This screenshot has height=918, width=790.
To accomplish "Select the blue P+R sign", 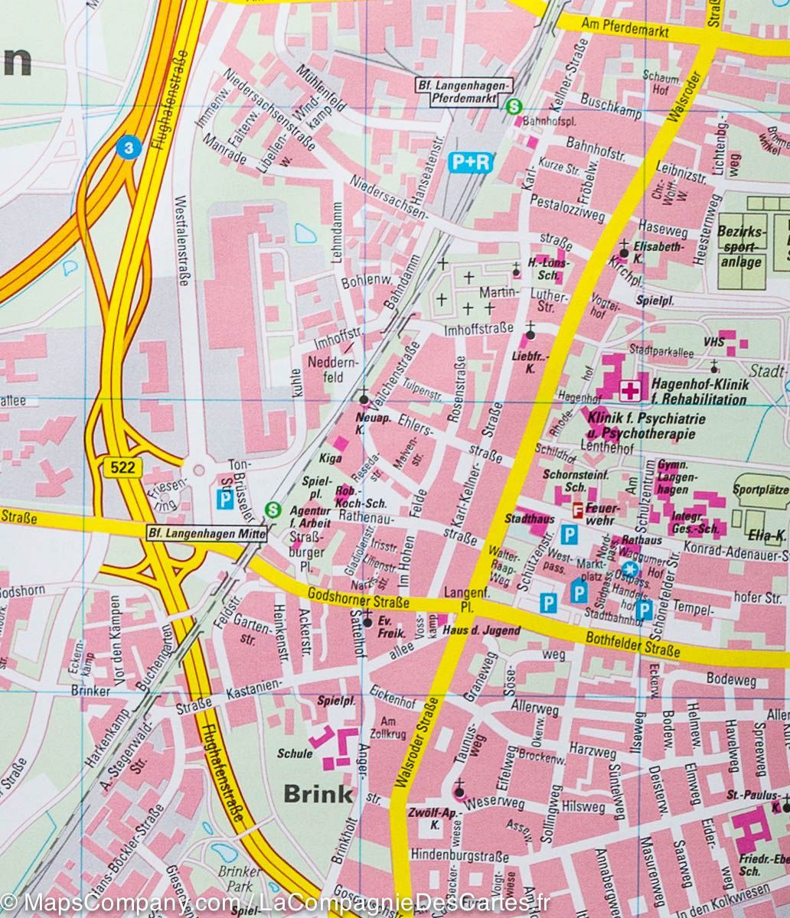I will [469, 162].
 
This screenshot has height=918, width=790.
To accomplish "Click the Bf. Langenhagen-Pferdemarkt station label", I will [462, 92].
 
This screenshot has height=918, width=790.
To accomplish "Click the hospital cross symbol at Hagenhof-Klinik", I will [630, 391].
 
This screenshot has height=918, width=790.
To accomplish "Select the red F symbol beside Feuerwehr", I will [579, 509].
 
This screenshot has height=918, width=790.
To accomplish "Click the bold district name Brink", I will [318, 793].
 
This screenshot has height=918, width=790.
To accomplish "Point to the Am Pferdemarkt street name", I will [625, 30].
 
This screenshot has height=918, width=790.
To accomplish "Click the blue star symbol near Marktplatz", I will [629, 568].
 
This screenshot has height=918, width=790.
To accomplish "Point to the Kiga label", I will [331, 457].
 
